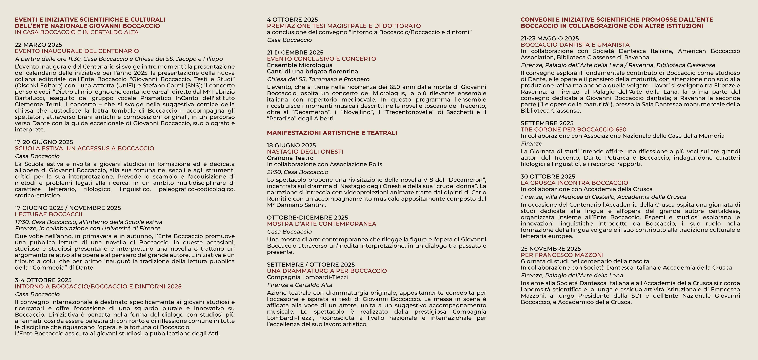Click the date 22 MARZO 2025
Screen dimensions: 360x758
pos(38,45)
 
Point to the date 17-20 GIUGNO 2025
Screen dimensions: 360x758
pos(44,142)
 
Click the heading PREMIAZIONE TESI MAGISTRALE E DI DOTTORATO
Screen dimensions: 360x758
pos(344,26)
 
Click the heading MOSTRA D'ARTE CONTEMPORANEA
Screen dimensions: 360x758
pos(321,224)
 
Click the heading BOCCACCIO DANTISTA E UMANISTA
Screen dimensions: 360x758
pos(575,45)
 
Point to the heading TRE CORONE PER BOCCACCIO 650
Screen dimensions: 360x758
pos(573,129)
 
